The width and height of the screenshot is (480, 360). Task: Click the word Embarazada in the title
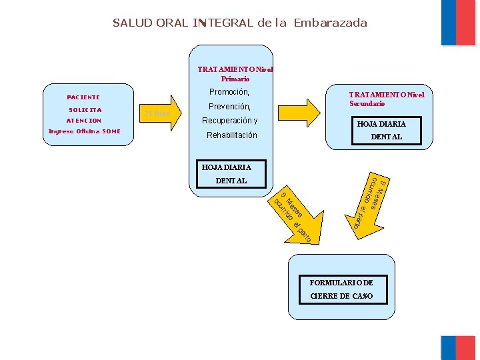click(330, 23)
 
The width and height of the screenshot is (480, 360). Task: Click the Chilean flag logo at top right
click(458, 23)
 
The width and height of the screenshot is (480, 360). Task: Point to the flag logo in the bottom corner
click(458, 347)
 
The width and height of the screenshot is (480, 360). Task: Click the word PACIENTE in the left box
click(83, 97)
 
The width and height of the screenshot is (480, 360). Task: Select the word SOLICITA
click(85, 109)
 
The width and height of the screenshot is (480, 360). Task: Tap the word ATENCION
click(84, 121)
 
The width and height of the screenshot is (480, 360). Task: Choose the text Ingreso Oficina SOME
click(85, 131)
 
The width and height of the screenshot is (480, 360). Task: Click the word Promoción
click(229, 92)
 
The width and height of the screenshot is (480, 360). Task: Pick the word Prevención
click(229, 107)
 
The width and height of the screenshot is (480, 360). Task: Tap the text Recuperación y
click(230, 121)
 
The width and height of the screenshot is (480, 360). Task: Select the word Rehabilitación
click(231, 135)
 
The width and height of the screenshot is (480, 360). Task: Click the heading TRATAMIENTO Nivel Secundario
click(386, 99)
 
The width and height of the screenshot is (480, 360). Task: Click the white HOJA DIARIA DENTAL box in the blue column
click(231, 173)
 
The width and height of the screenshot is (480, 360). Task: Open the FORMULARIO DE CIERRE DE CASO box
click(341, 289)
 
